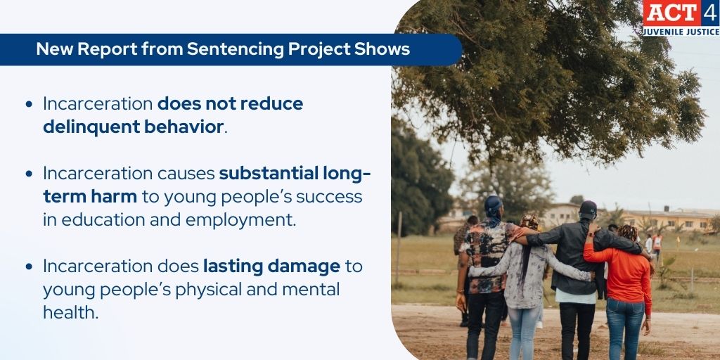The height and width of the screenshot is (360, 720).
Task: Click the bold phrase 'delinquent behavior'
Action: coord(134,127)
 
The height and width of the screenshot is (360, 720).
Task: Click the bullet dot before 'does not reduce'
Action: coord(29,104)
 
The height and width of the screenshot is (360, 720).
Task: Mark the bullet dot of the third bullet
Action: coord(29,266)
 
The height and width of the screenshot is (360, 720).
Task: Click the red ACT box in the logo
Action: coord(670,13)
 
